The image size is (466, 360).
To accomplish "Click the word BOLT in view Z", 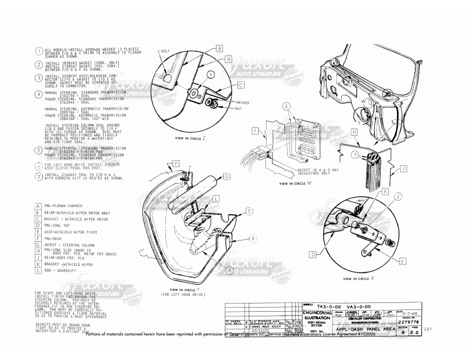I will click(x=166, y=51).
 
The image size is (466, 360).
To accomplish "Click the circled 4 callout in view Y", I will click(x=252, y=239).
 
